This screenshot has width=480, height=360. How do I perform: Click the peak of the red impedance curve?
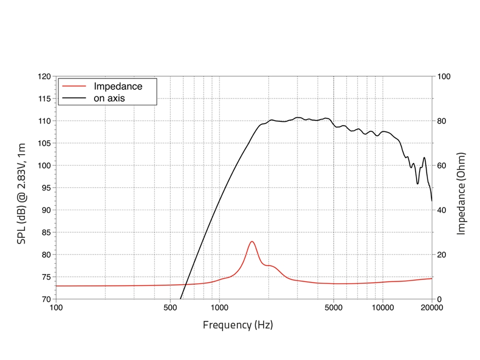point(252,241)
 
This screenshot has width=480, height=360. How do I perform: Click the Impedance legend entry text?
point(118,86)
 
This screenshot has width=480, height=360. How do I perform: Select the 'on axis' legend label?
point(109,98)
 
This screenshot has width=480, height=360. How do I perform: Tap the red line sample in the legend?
point(74,86)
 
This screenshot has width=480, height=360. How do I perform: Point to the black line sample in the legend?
point(74,98)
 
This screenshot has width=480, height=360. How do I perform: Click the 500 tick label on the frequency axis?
point(170,308)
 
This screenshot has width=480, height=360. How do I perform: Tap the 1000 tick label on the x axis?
point(219,308)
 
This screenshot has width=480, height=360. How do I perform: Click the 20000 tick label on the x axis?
point(432,308)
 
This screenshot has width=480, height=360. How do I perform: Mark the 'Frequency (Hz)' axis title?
point(238,325)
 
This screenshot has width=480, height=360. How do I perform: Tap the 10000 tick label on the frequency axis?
point(383,308)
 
